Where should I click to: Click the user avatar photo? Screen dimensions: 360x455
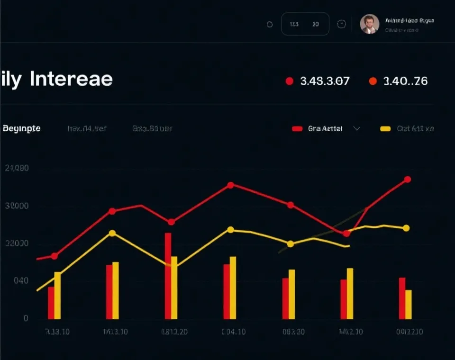pyautogui.click(x=369, y=24)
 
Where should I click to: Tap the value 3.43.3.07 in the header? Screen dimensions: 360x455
pyautogui.click(x=325, y=81)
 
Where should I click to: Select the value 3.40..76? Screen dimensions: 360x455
pyautogui.click(x=405, y=81)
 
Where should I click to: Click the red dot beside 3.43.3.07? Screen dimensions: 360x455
pyautogui.click(x=289, y=81)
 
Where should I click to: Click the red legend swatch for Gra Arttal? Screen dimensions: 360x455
pyautogui.click(x=297, y=128)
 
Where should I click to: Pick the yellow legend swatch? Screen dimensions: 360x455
pyautogui.click(x=385, y=128)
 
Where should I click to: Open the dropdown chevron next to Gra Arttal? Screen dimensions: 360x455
pyautogui.click(x=357, y=128)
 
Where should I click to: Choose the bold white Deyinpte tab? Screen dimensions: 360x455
pyautogui.click(x=21, y=128)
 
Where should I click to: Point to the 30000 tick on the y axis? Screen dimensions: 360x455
pyautogui.click(x=16, y=206)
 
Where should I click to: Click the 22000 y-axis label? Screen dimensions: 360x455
pyautogui.click(x=16, y=243)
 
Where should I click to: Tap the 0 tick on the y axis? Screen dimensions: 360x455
pyautogui.click(x=26, y=318)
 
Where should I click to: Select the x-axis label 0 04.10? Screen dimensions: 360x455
pyautogui.click(x=233, y=332)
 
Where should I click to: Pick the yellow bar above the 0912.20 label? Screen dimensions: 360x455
pyautogui.click(x=409, y=304)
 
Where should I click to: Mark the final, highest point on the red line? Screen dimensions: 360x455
pyautogui.click(x=407, y=180)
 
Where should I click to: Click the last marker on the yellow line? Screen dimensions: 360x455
pyautogui.click(x=406, y=228)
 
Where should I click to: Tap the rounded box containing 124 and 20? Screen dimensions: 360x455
pyautogui.click(x=305, y=24)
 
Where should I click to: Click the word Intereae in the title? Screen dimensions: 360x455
pyautogui.click(x=71, y=79)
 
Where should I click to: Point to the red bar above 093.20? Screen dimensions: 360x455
pyautogui.click(x=285, y=298)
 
